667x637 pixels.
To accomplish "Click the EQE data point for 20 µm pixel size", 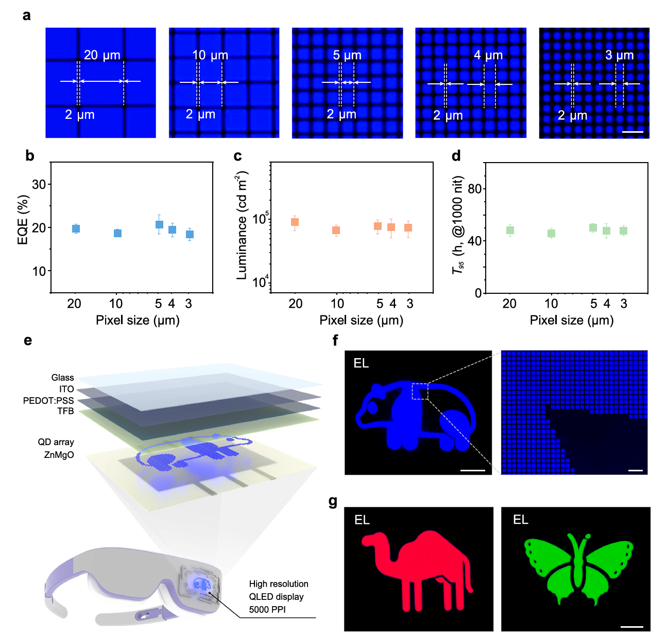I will [76, 229].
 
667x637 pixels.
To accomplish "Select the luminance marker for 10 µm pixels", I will [336, 230].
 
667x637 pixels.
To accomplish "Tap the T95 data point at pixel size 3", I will [623, 231].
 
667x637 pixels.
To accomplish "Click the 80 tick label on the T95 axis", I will [474, 189].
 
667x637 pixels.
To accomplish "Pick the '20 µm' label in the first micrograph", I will [101, 55].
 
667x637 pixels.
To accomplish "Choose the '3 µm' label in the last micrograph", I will [619, 55].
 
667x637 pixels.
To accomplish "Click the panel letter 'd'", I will [456, 156].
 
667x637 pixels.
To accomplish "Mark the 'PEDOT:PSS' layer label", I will [48, 400].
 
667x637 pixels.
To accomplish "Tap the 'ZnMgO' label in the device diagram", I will [59, 455].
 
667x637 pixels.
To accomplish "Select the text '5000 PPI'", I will [267, 610].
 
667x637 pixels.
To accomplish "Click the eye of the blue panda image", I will [372, 408].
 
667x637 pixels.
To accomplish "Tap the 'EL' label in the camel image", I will [362, 520].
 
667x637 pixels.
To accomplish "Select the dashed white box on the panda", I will [420, 391].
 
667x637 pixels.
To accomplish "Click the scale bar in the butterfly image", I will [632, 627].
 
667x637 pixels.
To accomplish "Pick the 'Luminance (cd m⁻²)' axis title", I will [242, 226].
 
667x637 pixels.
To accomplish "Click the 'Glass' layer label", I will [62, 378].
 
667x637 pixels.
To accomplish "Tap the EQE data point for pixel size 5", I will [159, 224].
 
